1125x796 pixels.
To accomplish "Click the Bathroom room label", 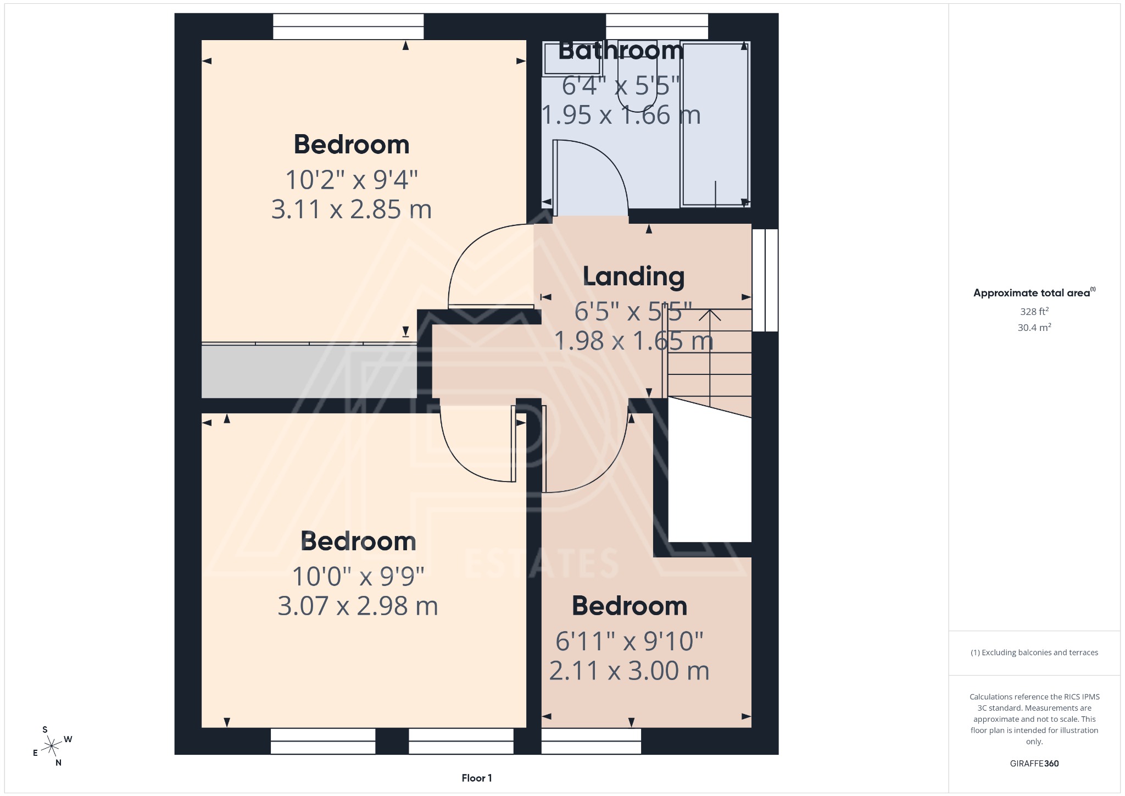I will [621, 51].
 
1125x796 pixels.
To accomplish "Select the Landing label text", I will [633, 277].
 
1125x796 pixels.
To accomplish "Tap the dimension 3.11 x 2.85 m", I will [352, 209].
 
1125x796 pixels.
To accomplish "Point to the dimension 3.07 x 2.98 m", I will [358, 606].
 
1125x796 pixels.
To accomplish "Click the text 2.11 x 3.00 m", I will [629, 671].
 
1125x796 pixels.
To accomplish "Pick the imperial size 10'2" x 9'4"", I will [352, 180].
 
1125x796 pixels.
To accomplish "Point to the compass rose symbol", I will [52, 746].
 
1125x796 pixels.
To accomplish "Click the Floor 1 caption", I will [476, 778].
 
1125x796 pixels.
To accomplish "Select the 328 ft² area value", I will [1034, 311].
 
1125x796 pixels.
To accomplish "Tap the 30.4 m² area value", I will [1034, 328].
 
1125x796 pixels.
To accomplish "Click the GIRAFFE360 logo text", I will [1034, 763].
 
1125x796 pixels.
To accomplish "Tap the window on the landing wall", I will [765, 280].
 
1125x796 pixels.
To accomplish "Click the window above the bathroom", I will [656, 26].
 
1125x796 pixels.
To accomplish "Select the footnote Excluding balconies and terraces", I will [1034, 653].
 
